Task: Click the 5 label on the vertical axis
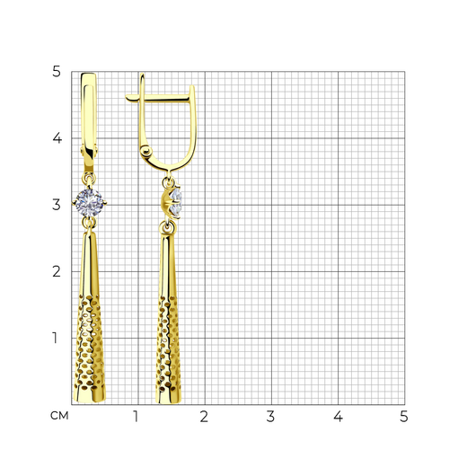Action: (57, 72)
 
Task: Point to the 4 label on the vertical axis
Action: (57, 138)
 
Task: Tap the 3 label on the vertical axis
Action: (57, 205)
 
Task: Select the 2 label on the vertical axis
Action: (57, 271)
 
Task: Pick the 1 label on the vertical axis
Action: (55, 338)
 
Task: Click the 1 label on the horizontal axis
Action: (136, 417)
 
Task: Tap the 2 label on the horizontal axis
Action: (204, 417)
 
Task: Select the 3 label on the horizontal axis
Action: (270, 417)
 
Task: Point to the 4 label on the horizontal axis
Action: (339, 417)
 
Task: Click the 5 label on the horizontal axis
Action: (404, 417)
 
